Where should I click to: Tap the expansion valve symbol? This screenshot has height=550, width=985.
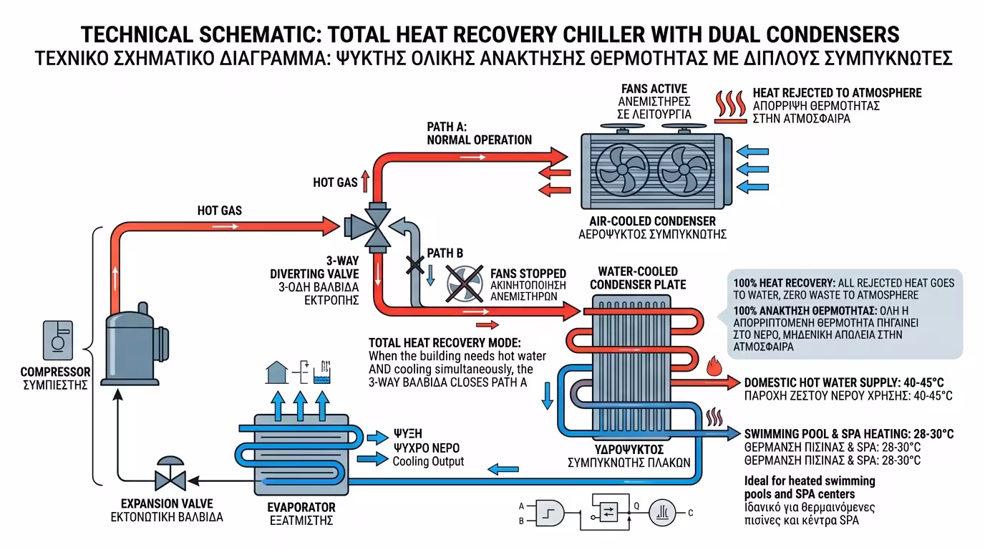pos(170,476)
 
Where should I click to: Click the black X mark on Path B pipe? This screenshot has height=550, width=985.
pos(414,266)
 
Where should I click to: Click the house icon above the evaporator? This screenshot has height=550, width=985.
pos(276,372)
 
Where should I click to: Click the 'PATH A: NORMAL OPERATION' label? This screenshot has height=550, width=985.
pos(479,133)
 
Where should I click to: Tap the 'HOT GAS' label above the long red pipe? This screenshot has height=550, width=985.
pos(220,211)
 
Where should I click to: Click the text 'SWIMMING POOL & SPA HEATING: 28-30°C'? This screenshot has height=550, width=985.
pos(849,434)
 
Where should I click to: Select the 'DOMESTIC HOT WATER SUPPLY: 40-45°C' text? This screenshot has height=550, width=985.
pos(848,382)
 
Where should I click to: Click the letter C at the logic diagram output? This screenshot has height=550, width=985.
pos(690,513)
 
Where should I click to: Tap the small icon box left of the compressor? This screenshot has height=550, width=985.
pos(57,339)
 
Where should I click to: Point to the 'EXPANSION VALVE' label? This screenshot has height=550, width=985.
pos(167,503)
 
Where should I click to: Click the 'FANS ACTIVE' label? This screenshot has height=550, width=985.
pos(654,89)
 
